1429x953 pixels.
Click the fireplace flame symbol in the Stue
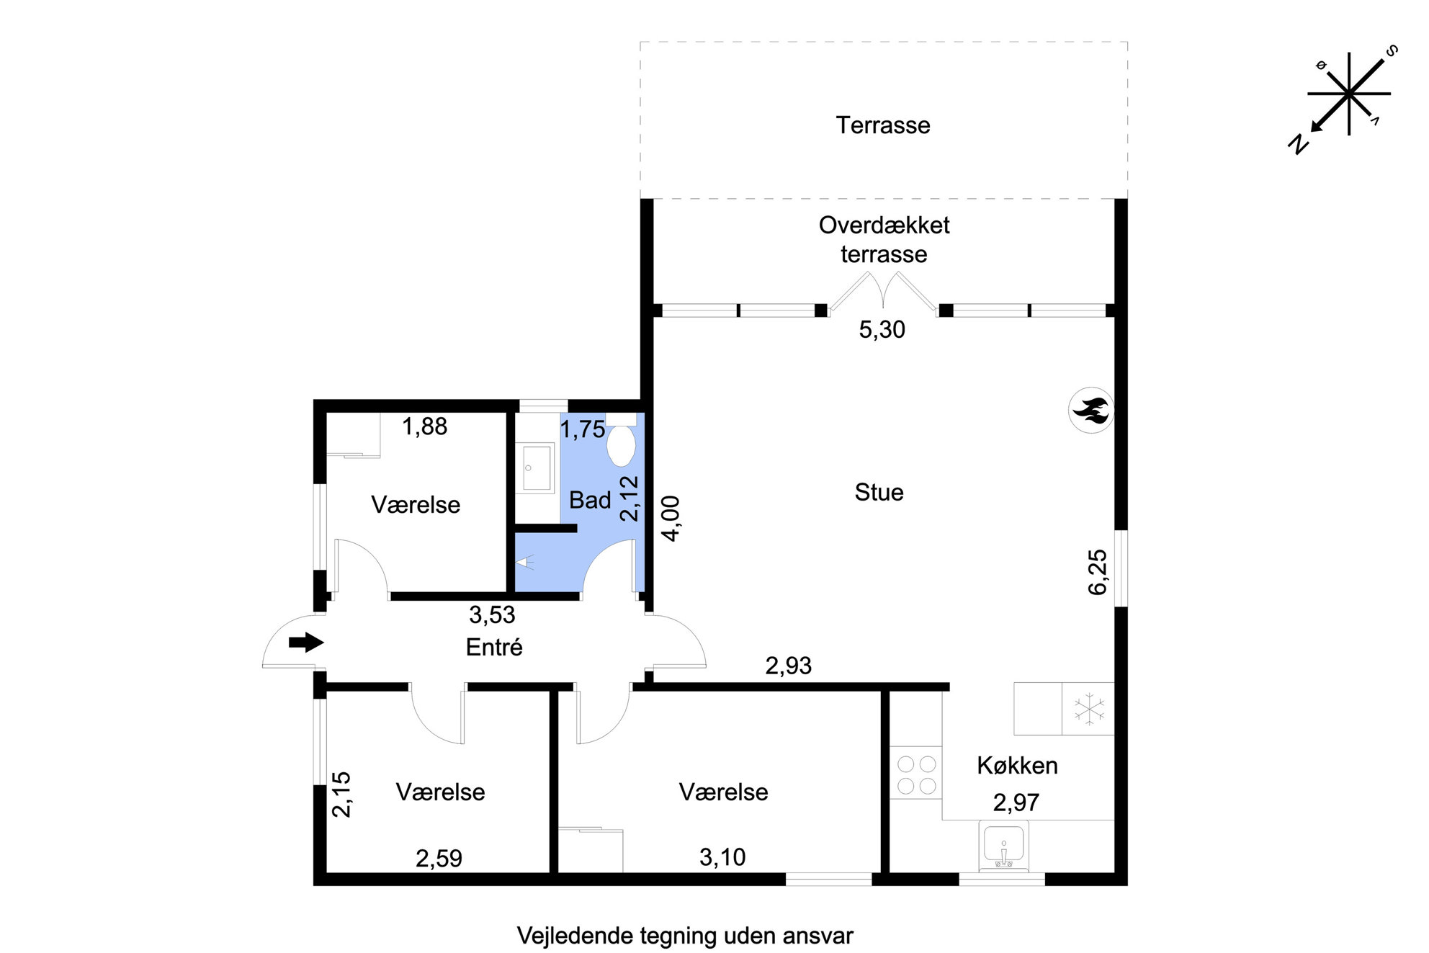click(1090, 411)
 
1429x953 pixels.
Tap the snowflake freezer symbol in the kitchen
click(1089, 709)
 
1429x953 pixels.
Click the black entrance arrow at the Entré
click(306, 642)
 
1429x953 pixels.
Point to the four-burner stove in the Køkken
click(917, 774)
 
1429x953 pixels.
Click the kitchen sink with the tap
click(1003, 847)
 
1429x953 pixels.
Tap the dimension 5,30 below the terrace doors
click(882, 330)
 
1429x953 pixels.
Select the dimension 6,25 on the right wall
click(1097, 572)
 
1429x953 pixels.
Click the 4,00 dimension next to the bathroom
click(670, 519)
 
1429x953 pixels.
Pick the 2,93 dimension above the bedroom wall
click(788, 666)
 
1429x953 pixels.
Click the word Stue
click(879, 492)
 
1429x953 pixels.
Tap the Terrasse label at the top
click(883, 125)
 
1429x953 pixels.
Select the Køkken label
click(1017, 765)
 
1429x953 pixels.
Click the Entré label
click(494, 647)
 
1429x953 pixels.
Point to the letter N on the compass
click(1298, 144)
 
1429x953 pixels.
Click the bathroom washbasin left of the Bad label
click(533, 467)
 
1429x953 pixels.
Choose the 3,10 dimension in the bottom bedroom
click(722, 857)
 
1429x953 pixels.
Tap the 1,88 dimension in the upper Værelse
click(425, 427)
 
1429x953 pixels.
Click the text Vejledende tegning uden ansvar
click(685, 936)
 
